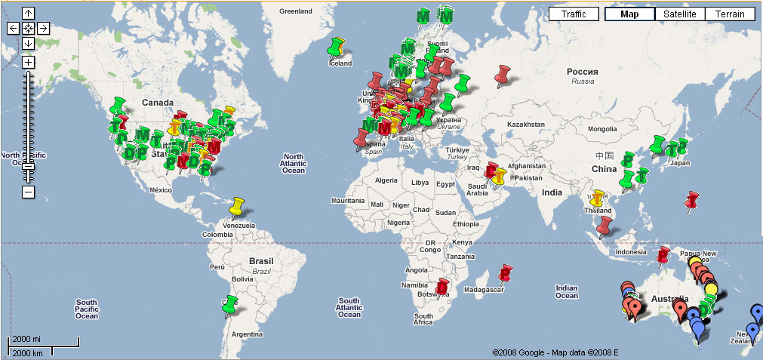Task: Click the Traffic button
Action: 573,14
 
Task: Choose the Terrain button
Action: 730,14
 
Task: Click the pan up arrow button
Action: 28,14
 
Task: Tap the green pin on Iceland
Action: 334,47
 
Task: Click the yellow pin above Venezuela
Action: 238,205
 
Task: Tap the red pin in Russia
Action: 502,74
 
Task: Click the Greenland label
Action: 296,11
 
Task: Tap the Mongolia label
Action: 602,129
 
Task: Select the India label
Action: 552,192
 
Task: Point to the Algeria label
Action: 386,180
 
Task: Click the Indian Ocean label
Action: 566,292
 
